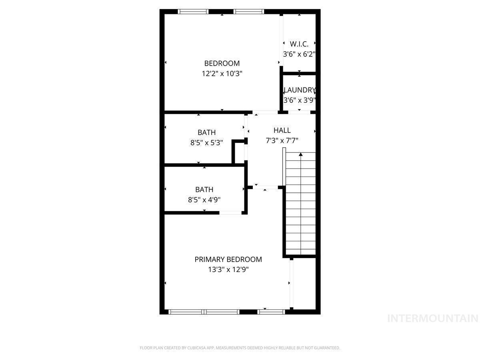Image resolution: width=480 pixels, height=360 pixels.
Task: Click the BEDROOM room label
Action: pos(222,63)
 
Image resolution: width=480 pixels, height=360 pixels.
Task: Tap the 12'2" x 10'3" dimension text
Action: pos(222,74)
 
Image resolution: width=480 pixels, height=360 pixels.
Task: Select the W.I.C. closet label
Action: pos(299,44)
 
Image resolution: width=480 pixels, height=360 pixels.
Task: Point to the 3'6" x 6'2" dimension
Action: pos(299,54)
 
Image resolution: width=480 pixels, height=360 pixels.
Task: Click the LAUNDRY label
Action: pos(299,90)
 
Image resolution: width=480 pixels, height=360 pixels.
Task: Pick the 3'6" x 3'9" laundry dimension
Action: pos(299,100)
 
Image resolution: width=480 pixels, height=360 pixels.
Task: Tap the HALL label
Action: pos(282,130)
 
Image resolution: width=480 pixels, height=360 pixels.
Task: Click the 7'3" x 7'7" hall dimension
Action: pos(282,140)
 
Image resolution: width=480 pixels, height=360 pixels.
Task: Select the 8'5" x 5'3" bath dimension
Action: pos(206,143)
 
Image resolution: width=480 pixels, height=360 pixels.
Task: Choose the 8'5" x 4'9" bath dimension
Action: pos(204,200)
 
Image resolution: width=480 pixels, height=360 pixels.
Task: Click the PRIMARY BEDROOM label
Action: pos(228,260)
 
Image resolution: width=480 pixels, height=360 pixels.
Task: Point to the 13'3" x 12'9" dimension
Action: pos(228,270)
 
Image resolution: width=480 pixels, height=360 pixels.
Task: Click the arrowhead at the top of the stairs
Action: pos(301,154)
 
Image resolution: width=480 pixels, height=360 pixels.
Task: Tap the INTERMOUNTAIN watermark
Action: pos(432,318)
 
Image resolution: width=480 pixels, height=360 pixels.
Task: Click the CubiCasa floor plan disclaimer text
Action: pos(240,348)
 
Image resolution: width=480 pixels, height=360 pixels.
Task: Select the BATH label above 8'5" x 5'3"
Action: pos(206,132)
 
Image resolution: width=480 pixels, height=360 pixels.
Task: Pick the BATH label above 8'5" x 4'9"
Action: pos(204,190)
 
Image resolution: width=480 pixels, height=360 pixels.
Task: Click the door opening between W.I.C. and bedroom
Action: pos(282,41)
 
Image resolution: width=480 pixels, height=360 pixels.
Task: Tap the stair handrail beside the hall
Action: pos(284,167)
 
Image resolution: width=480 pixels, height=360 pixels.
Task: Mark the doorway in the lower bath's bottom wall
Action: pos(230,213)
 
